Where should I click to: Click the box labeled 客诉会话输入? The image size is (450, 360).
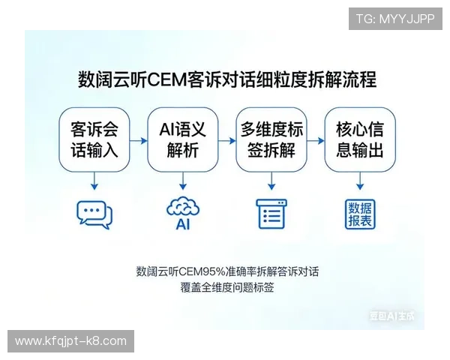(94, 139)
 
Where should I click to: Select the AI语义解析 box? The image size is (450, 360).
(182, 139)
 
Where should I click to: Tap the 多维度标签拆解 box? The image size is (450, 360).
(271, 139)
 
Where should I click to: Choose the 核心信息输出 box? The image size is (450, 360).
(359, 139)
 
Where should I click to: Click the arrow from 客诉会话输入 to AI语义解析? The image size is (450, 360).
(138, 140)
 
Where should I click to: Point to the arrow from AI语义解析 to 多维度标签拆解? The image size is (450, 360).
(226, 140)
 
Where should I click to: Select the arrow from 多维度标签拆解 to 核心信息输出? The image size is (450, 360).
(315, 140)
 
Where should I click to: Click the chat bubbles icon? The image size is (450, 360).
(94, 214)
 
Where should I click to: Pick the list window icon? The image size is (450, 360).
(271, 214)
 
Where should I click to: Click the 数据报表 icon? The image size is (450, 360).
(360, 214)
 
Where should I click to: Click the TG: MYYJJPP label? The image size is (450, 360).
(394, 18)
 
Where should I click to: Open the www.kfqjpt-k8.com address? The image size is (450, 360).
(71, 341)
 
